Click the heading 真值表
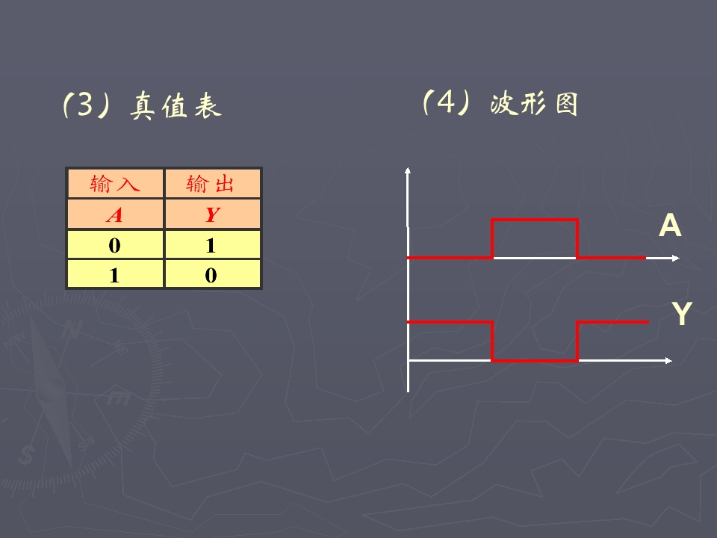(x=176, y=105)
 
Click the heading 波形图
(x=534, y=103)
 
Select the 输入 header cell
(x=115, y=184)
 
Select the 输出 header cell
(x=213, y=184)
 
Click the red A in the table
(x=114, y=214)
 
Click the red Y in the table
(x=213, y=214)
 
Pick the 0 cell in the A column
(x=115, y=245)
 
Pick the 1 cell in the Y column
(x=213, y=245)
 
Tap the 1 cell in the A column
(x=115, y=274)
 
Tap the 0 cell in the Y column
(x=213, y=274)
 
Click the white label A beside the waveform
(x=670, y=226)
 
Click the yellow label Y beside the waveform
(x=682, y=313)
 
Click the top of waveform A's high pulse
(x=535, y=220)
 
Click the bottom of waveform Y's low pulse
(x=535, y=360)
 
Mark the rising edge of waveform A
(x=492, y=239)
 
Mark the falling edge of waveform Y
(x=492, y=341)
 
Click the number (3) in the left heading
(x=86, y=105)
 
